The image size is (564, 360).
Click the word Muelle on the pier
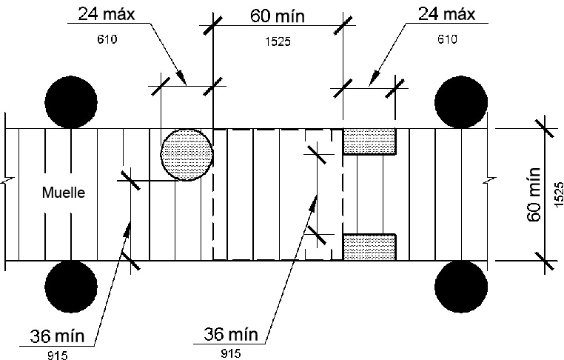pyautogui.click(x=64, y=193)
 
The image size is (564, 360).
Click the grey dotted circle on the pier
pyautogui.click(x=187, y=154)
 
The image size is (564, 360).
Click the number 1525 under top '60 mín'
pyautogui.click(x=278, y=42)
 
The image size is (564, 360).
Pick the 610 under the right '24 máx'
pyautogui.click(x=447, y=40)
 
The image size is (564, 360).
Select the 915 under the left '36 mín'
pyautogui.click(x=56, y=355)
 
